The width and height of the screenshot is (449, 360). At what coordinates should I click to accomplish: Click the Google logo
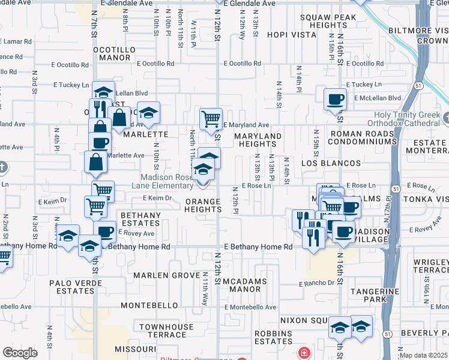point(20,353)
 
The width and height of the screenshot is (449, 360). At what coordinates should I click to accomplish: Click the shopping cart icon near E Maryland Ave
point(211,119)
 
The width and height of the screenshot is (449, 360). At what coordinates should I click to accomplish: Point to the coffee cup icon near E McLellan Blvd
point(335,99)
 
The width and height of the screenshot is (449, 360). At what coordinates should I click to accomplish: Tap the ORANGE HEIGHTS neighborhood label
point(203,205)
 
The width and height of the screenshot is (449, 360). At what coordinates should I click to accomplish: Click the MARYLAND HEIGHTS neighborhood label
point(258,140)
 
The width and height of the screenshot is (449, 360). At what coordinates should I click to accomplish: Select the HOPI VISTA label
point(292,35)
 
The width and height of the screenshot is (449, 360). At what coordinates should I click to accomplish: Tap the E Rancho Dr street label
point(315,283)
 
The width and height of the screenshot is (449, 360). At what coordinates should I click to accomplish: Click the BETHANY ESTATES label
point(140,219)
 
